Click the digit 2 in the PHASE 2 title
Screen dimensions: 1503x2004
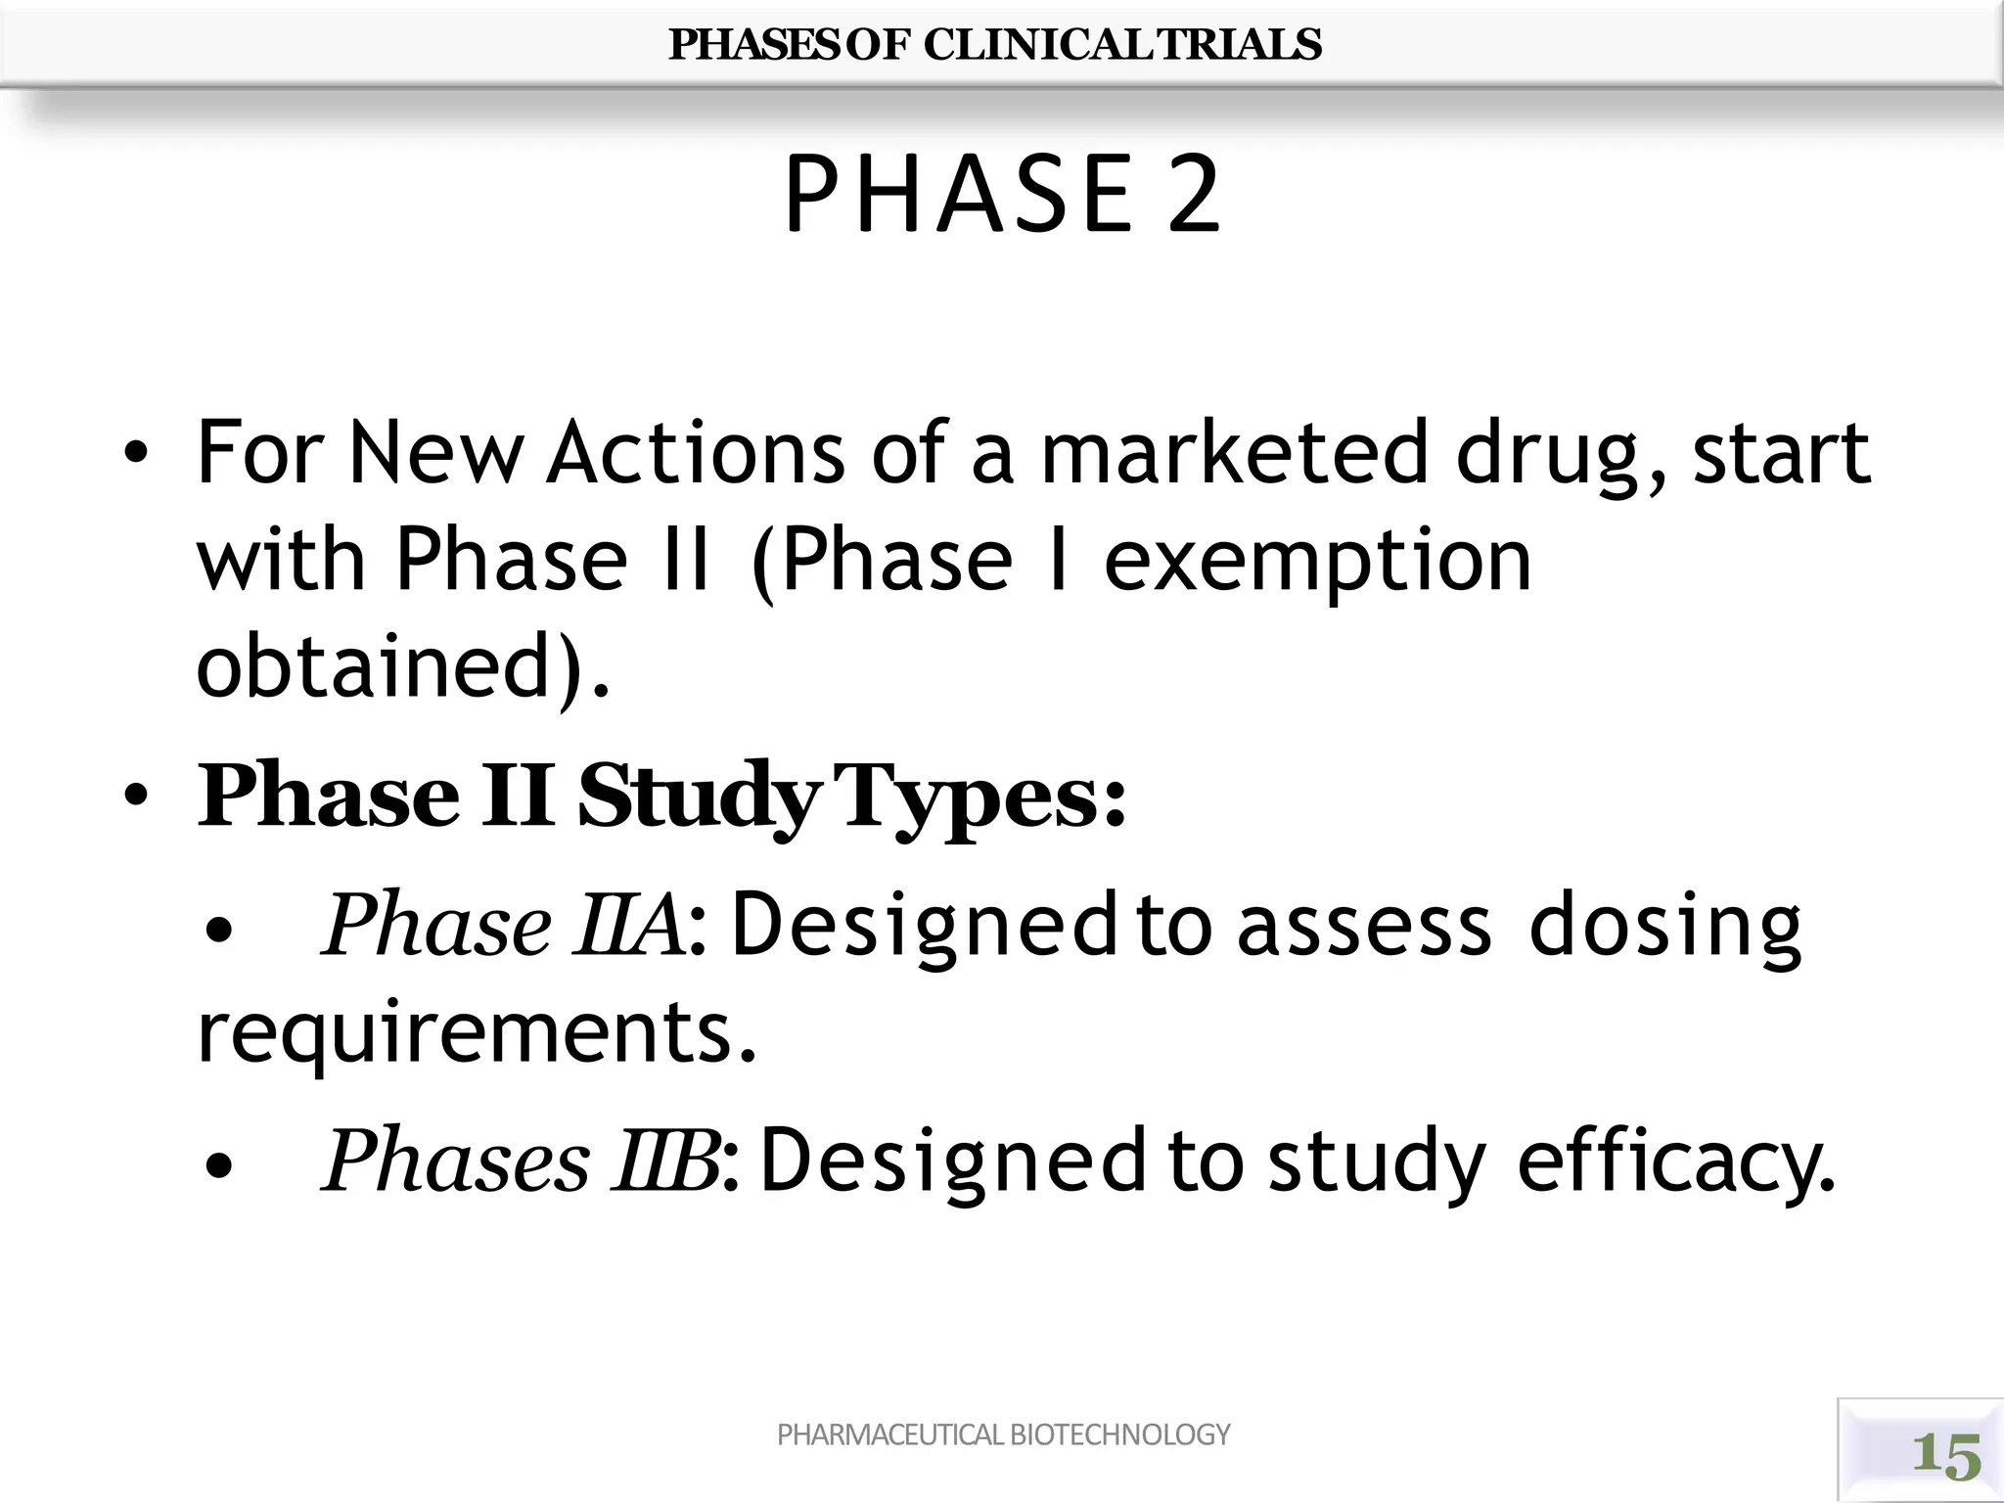[x=1194, y=196]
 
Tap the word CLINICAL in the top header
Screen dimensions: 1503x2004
[x=1039, y=44]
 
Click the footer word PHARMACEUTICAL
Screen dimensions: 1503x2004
[x=889, y=1435]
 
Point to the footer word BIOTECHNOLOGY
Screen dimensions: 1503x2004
[x=1119, y=1435]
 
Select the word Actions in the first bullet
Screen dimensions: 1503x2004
[x=695, y=452]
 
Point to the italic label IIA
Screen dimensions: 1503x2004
[x=629, y=926]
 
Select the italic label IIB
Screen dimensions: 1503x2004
[x=664, y=1162]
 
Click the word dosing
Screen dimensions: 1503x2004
[x=1663, y=926]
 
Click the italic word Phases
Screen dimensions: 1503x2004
[x=455, y=1162]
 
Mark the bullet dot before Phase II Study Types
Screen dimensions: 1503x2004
[x=136, y=797]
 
